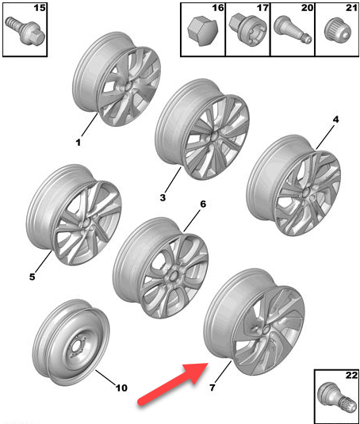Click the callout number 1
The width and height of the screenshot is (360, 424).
pyautogui.click(x=78, y=142)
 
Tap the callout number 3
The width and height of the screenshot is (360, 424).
pyautogui.click(x=163, y=197)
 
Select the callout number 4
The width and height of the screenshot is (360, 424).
pyautogui.click(x=335, y=119)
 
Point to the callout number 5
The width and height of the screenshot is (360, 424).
pyautogui.click(x=33, y=277)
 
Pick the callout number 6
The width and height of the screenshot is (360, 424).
pyautogui.click(x=203, y=204)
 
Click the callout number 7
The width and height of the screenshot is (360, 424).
pyautogui.click(x=213, y=388)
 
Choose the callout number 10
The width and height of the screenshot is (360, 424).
pyautogui.click(x=121, y=388)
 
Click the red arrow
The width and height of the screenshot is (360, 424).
pyautogui.click(x=173, y=384)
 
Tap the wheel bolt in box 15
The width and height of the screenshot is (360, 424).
pyautogui.click(x=25, y=31)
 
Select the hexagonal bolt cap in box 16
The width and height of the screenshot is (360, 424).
pyautogui.click(x=202, y=31)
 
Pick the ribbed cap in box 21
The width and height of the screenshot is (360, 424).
pyautogui.click(x=338, y=31)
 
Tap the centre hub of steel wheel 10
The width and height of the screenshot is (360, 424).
pyautogui.click(x=77, y=347)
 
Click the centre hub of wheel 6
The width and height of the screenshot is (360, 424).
pyautogui.click(x=172, y=277)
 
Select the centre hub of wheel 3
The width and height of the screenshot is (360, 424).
pyautogui.click(x=213, y=136)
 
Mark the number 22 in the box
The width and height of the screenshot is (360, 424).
pyautogui.click(x=351, y=375)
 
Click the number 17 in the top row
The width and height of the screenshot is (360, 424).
pyautogui.click(x=262, y=8)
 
